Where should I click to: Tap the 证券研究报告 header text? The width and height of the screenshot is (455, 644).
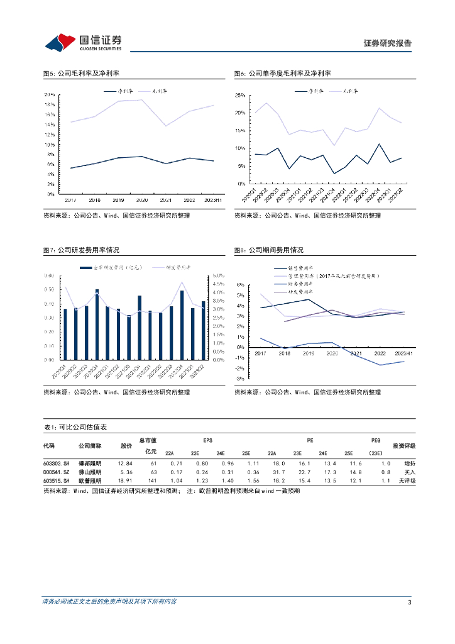[x=388, y=43]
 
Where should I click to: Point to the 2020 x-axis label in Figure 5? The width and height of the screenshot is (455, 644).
[x=141, y=200]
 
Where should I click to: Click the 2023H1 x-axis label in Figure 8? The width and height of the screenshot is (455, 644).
[x=404, y=354]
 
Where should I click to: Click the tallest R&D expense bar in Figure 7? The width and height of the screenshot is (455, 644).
[x=97, y=325]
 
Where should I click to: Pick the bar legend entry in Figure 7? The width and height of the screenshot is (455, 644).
[x=111, y=267]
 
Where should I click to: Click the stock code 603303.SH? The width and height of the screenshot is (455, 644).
[x=55, y=464]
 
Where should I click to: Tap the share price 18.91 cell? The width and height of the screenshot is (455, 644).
[x=126, y=480]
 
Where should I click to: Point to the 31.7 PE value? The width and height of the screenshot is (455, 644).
[x=271, y=472]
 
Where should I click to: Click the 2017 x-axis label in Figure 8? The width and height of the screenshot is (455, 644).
[x=261, y=354]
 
